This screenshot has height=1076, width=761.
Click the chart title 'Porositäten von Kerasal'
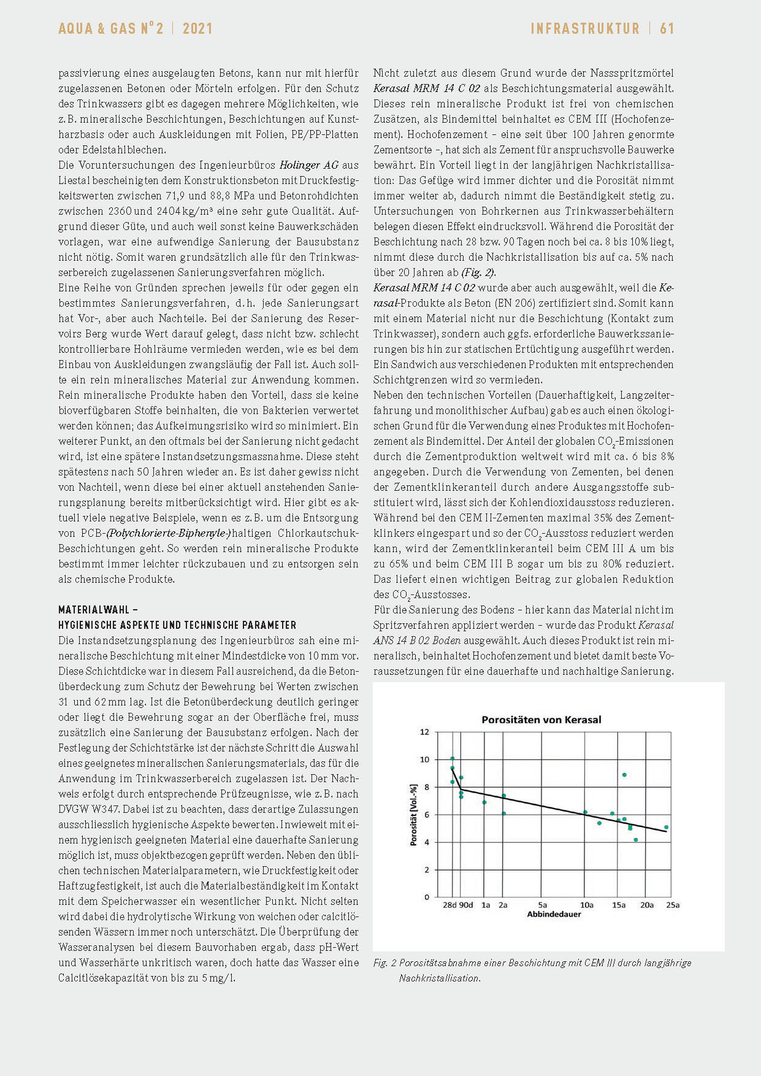[x=541, y=720]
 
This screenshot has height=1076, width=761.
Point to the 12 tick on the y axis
[x=424, y=732]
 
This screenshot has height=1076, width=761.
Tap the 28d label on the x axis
[x=449, y=905]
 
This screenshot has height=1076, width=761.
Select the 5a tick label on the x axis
[x=543, y=905]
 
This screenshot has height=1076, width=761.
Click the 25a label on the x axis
[x=673, y=905]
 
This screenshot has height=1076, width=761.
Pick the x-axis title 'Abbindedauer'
[x=554, y=915]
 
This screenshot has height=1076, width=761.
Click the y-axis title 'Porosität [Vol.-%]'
[x=413, y=815]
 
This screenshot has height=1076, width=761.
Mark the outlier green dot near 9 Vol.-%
[x=624, y=775]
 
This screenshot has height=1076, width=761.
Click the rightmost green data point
[x=667, y=827]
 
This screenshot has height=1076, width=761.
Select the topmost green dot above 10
[x=453, y=759]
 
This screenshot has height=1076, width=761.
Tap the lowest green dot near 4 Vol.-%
[x=636, y=840]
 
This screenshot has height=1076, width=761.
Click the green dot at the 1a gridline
[x=484, y=802]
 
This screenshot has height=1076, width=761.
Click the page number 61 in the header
[x=667, y=28]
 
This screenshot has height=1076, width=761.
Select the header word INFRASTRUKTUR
[x=584, y=28]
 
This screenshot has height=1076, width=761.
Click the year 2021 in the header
[x=197, y=28]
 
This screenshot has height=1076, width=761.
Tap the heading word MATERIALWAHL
[x=94, y=610]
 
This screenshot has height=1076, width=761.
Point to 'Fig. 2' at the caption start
[x=384, y=963]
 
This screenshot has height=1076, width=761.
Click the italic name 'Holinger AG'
[x=308, y=165]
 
